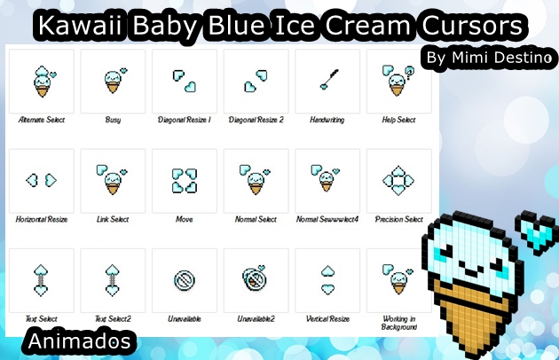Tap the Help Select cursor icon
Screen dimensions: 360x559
click(x=397, y=81)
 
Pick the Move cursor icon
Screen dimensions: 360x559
click(x=185, y=180)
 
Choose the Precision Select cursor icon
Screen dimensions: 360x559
click(x=398, y=181)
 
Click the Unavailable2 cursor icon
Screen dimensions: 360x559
click(x=256, y=279)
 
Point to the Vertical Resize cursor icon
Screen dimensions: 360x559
click(x=327, y=279)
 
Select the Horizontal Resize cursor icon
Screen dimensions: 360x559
click(x=41, y=180)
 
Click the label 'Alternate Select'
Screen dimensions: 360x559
click(x=41, y=119)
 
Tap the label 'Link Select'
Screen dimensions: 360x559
click(x=113, y=218)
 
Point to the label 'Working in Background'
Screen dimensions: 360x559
click(x=398, y=322)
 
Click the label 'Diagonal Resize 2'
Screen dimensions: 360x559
click(x=256, y=119)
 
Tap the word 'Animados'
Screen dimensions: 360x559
click(x=80, y=340)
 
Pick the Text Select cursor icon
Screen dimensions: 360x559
click(x=41, y=279)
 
